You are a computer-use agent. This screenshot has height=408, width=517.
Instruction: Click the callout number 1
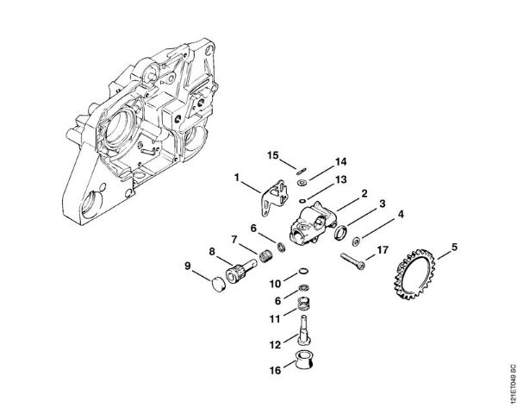point(235,177)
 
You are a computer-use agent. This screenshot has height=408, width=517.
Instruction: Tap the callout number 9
point(189,265)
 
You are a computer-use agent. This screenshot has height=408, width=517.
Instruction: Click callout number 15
point(273,155)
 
